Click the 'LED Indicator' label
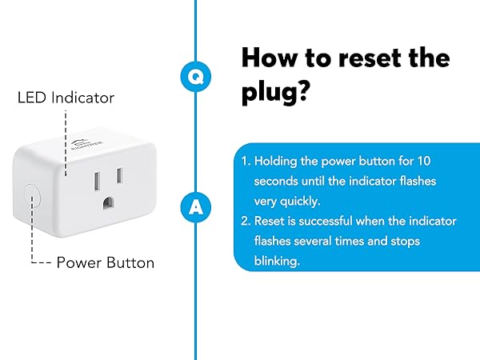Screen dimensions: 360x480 click(66, 98)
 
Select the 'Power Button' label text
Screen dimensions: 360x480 click(106, 262)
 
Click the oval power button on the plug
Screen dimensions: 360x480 click(33, 196)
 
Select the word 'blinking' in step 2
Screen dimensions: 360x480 click(276, 259)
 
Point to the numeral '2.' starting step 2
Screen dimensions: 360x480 click(246, 220)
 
